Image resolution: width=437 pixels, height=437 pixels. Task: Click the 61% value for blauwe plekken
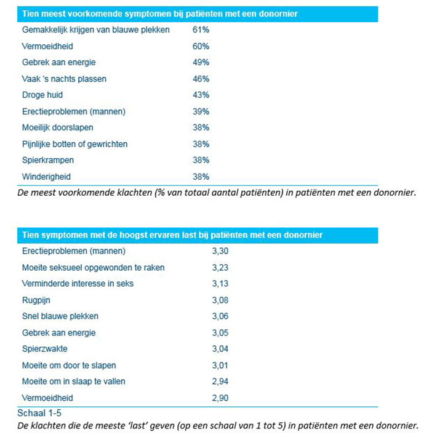[x=201, y=30]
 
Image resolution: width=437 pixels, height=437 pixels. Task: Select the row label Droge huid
[x=42, y=95]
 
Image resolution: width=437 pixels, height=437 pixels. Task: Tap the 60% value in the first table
[x=201, y=46]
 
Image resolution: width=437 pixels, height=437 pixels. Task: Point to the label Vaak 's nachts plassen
[x=64, y=79]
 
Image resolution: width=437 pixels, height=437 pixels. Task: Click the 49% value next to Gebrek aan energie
[x=201, y=63]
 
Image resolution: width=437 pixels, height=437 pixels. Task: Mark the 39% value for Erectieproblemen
[x=201, y=111]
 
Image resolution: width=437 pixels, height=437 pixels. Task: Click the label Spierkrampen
[x=48, y=161]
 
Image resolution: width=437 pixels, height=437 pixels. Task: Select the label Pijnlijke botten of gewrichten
[x=74, y=144]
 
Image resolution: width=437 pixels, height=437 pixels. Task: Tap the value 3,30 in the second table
[x=220, y=251]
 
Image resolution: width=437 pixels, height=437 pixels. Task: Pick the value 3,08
[x=220, y=300]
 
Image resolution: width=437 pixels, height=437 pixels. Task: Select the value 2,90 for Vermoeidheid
[x=220, y=398]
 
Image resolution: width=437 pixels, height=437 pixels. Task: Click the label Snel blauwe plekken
[x=60, y=316]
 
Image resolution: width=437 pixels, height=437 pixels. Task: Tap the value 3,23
[x=220, y=268]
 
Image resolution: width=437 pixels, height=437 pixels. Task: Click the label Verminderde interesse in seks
[x=78, y=284]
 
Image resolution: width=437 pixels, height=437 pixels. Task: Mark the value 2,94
[x=220, y=382]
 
